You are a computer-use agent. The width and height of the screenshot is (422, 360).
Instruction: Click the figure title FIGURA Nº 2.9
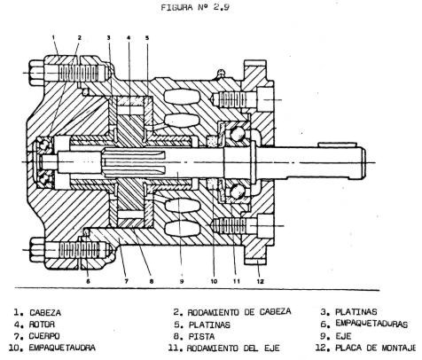tap(195, 7)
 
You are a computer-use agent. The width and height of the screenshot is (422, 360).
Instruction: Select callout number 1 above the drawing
tap(53, 37)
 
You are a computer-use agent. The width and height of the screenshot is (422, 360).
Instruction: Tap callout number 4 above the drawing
tap(129, 37)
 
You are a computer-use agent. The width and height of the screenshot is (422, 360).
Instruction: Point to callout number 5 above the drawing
tap(147, 37)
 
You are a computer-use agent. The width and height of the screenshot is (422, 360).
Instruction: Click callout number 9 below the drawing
tap(182, 281)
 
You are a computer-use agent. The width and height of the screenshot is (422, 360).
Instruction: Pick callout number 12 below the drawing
tap(260, 281)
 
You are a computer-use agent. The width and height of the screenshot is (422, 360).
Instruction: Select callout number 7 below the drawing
tap(127, 281)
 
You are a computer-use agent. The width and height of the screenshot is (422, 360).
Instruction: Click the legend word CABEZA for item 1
tap(45, 312)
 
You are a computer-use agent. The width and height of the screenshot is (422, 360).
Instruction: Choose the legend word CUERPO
tap(44, 336)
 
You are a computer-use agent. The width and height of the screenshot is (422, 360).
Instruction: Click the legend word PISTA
tap(201, 336)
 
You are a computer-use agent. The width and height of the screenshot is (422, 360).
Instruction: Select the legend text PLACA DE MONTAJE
tap(375, 348)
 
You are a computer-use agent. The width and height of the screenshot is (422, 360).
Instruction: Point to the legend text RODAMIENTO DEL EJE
tap(233, 348)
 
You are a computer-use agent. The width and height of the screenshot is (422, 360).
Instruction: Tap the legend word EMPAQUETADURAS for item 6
tap(371, 324)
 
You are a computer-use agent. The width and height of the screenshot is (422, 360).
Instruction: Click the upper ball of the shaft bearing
tap(238, 135)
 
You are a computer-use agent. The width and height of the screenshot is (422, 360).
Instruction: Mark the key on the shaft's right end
tap(337, 145)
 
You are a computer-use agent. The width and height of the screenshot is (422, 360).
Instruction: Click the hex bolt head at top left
tap(37, 73)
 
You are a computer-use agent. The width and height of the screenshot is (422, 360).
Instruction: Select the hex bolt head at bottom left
tap(37, 250)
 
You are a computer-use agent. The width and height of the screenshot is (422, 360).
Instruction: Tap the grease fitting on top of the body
tap(221, 74)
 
